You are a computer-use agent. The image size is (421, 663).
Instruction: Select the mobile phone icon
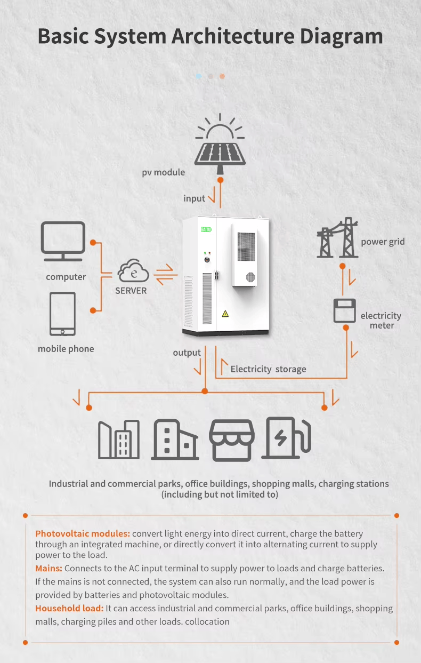point(63,313)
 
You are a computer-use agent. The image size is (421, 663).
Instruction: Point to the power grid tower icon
point(337,238)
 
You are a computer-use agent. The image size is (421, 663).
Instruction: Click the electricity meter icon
point(344,310)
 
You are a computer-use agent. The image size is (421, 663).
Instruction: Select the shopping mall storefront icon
point(231,440)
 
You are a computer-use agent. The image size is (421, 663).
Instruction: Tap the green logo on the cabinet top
point(206,229)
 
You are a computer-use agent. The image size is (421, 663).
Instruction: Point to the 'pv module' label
point(163,172)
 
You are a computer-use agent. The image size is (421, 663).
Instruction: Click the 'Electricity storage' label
point(268,369)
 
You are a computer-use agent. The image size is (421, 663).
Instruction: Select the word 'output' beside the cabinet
point(187,353)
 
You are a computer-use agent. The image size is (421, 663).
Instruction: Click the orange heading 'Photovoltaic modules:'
point(83,533)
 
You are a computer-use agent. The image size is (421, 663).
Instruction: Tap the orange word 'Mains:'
point(49,568)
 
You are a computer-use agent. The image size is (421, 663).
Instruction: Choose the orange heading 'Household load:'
point(69,608)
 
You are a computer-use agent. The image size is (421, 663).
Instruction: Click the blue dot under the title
point(199,76)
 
